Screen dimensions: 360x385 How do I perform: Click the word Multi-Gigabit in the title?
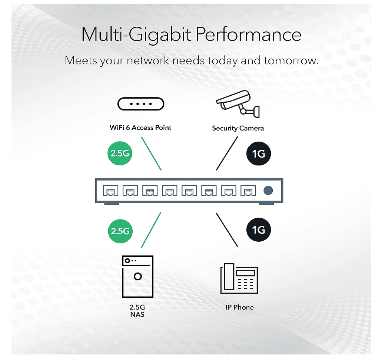(x=135, y=34)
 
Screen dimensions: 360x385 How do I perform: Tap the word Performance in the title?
(x=248, y=34)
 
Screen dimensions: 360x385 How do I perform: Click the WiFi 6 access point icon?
(x=140, y=104)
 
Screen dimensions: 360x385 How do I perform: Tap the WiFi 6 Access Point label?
(x=140, y=128)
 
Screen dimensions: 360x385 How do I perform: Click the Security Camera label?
(x=238, y=128)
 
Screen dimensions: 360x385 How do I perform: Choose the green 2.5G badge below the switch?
(x=120, y=231)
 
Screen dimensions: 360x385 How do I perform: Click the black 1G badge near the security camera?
(x=259, y=153)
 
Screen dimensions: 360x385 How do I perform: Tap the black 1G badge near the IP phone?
(x=259, y=230)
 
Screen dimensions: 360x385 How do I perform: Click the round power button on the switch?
(x=268, y=191)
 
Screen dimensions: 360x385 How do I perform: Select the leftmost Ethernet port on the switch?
(x=110, y=191)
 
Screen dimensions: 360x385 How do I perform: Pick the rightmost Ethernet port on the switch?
(x=248, y=191)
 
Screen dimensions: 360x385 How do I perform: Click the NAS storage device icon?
(x=137, y=277)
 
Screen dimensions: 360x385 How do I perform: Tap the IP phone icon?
(x=239, y=278)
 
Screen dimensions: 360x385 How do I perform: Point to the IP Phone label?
(x=240, y=307)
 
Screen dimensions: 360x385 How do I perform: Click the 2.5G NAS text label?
(x=137, y=311)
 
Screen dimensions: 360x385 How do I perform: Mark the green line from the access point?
(x=151, y=153)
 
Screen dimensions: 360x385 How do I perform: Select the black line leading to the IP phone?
(x=227, y=230)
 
